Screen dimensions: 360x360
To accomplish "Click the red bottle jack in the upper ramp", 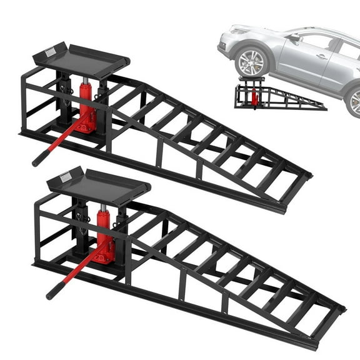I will click(87, 109).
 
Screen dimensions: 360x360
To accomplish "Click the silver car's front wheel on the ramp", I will click(252, 62).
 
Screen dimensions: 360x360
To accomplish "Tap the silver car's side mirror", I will click(292, 39).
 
